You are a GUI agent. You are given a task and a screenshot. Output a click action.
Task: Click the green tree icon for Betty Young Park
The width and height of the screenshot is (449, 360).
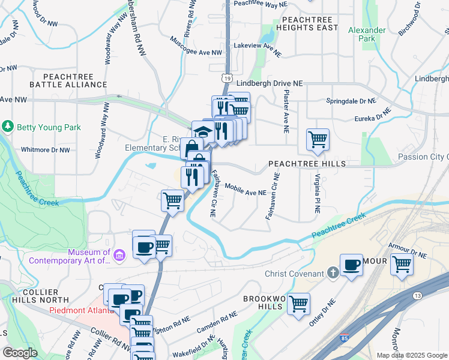pos(8,126)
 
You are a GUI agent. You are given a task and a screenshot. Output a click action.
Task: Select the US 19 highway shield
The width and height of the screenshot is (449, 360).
pos(226,78)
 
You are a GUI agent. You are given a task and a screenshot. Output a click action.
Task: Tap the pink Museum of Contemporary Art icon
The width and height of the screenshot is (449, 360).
pos(119,256)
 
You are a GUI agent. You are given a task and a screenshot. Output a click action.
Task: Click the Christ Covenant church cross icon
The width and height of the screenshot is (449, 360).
pos(333,274)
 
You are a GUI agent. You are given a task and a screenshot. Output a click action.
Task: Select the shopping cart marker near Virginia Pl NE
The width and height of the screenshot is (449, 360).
pos(318,139)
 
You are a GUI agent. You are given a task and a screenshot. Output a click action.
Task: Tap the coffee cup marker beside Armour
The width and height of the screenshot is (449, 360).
pos(351,265)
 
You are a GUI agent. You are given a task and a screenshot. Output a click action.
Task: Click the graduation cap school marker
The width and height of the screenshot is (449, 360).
pos(203,132)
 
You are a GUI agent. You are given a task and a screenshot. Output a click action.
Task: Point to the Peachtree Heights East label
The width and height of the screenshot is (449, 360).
pos(306,24)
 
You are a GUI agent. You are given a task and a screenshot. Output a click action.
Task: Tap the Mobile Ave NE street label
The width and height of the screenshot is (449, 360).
pos(245,190)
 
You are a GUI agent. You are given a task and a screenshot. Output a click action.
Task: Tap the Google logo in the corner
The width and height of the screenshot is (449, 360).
pos(19,352)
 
